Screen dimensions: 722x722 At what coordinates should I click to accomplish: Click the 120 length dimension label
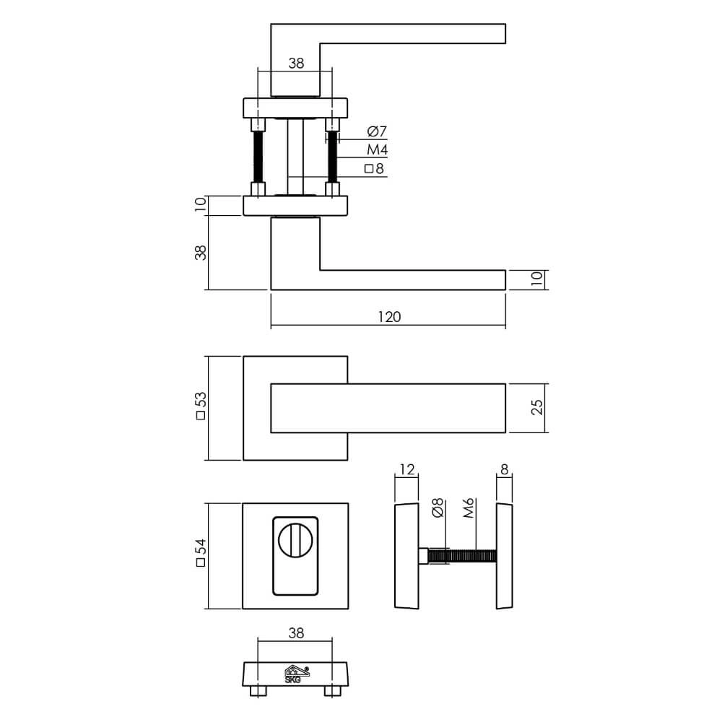point(388,316)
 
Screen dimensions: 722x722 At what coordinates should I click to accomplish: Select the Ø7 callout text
point(377,131)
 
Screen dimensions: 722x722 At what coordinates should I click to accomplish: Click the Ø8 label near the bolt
point(436,508)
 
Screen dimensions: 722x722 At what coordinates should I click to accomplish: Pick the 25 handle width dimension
point(536,408)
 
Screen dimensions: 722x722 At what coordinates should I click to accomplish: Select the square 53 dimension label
point(201,407)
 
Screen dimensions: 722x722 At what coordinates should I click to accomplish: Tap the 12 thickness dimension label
point(406,470)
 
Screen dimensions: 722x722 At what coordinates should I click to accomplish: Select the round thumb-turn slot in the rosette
point(295,538)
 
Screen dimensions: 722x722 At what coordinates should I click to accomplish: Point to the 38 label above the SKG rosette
point(295,633)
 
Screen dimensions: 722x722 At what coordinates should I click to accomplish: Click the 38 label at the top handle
point(295,64)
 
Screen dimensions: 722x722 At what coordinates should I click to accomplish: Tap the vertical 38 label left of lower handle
point(201,253)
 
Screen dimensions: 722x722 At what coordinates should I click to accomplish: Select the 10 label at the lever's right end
point(536,279)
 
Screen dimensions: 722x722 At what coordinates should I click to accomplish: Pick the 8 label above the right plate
point(504,470)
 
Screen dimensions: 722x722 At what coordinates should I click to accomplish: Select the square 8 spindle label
point(375,170)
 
